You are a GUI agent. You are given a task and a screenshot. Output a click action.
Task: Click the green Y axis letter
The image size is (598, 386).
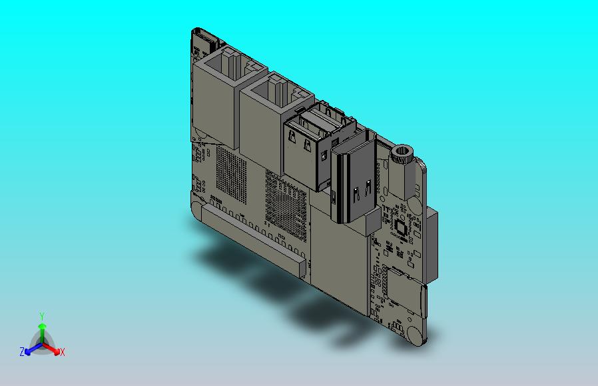click(41, 316)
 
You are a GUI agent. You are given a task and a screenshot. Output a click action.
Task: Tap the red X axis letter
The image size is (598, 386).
click(62, 352)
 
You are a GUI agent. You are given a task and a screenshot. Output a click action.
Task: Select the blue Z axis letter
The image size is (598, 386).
click(22, 351)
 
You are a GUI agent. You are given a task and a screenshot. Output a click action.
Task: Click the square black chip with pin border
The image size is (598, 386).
click(400, 227)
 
